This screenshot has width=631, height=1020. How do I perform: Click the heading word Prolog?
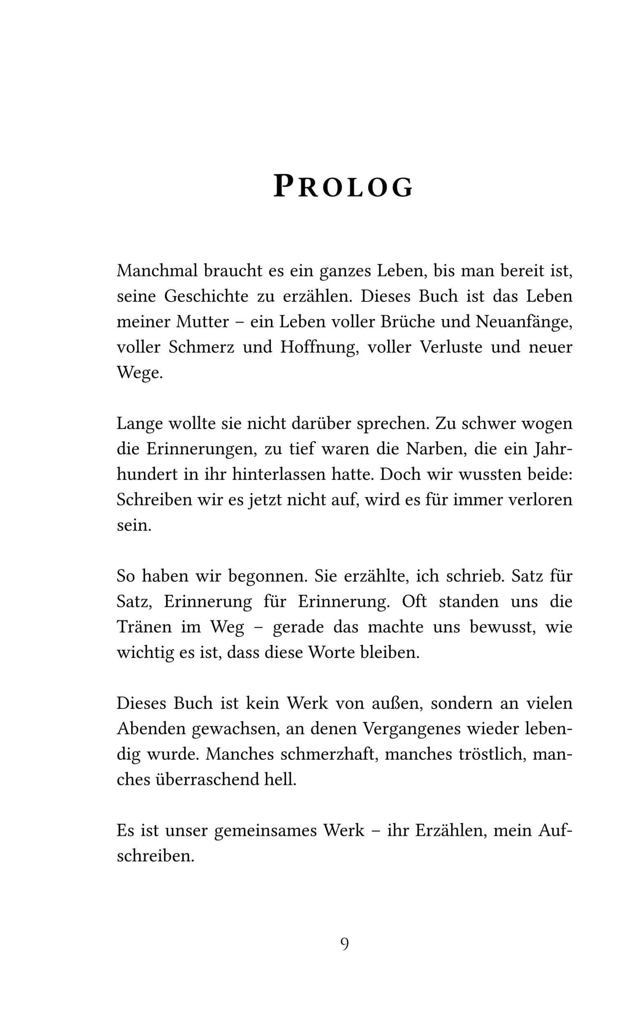pos(343,187)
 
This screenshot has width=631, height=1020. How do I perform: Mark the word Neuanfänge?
pos(524,322)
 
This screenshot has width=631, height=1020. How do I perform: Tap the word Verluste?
pos(451,347)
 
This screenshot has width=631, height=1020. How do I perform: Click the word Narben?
pos(432,449)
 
